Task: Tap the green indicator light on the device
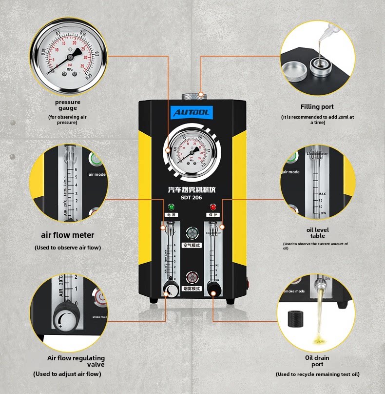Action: pyautogui.click(x=171, y=207)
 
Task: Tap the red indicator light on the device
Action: pyautogui.click(x=213, y=207)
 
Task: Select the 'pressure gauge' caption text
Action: pyautogui.click(x=68, y=105)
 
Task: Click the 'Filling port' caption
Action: pyautogui.click(x=317, y=106)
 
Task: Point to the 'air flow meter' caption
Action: pyautogui.click(x=68, y=235)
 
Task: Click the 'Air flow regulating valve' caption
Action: pyautogui.click(x=76, y=361)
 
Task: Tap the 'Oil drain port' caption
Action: pyautogui.click(x=317, y=361)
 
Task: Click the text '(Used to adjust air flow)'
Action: pyautogui.click(x=67, y=374)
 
